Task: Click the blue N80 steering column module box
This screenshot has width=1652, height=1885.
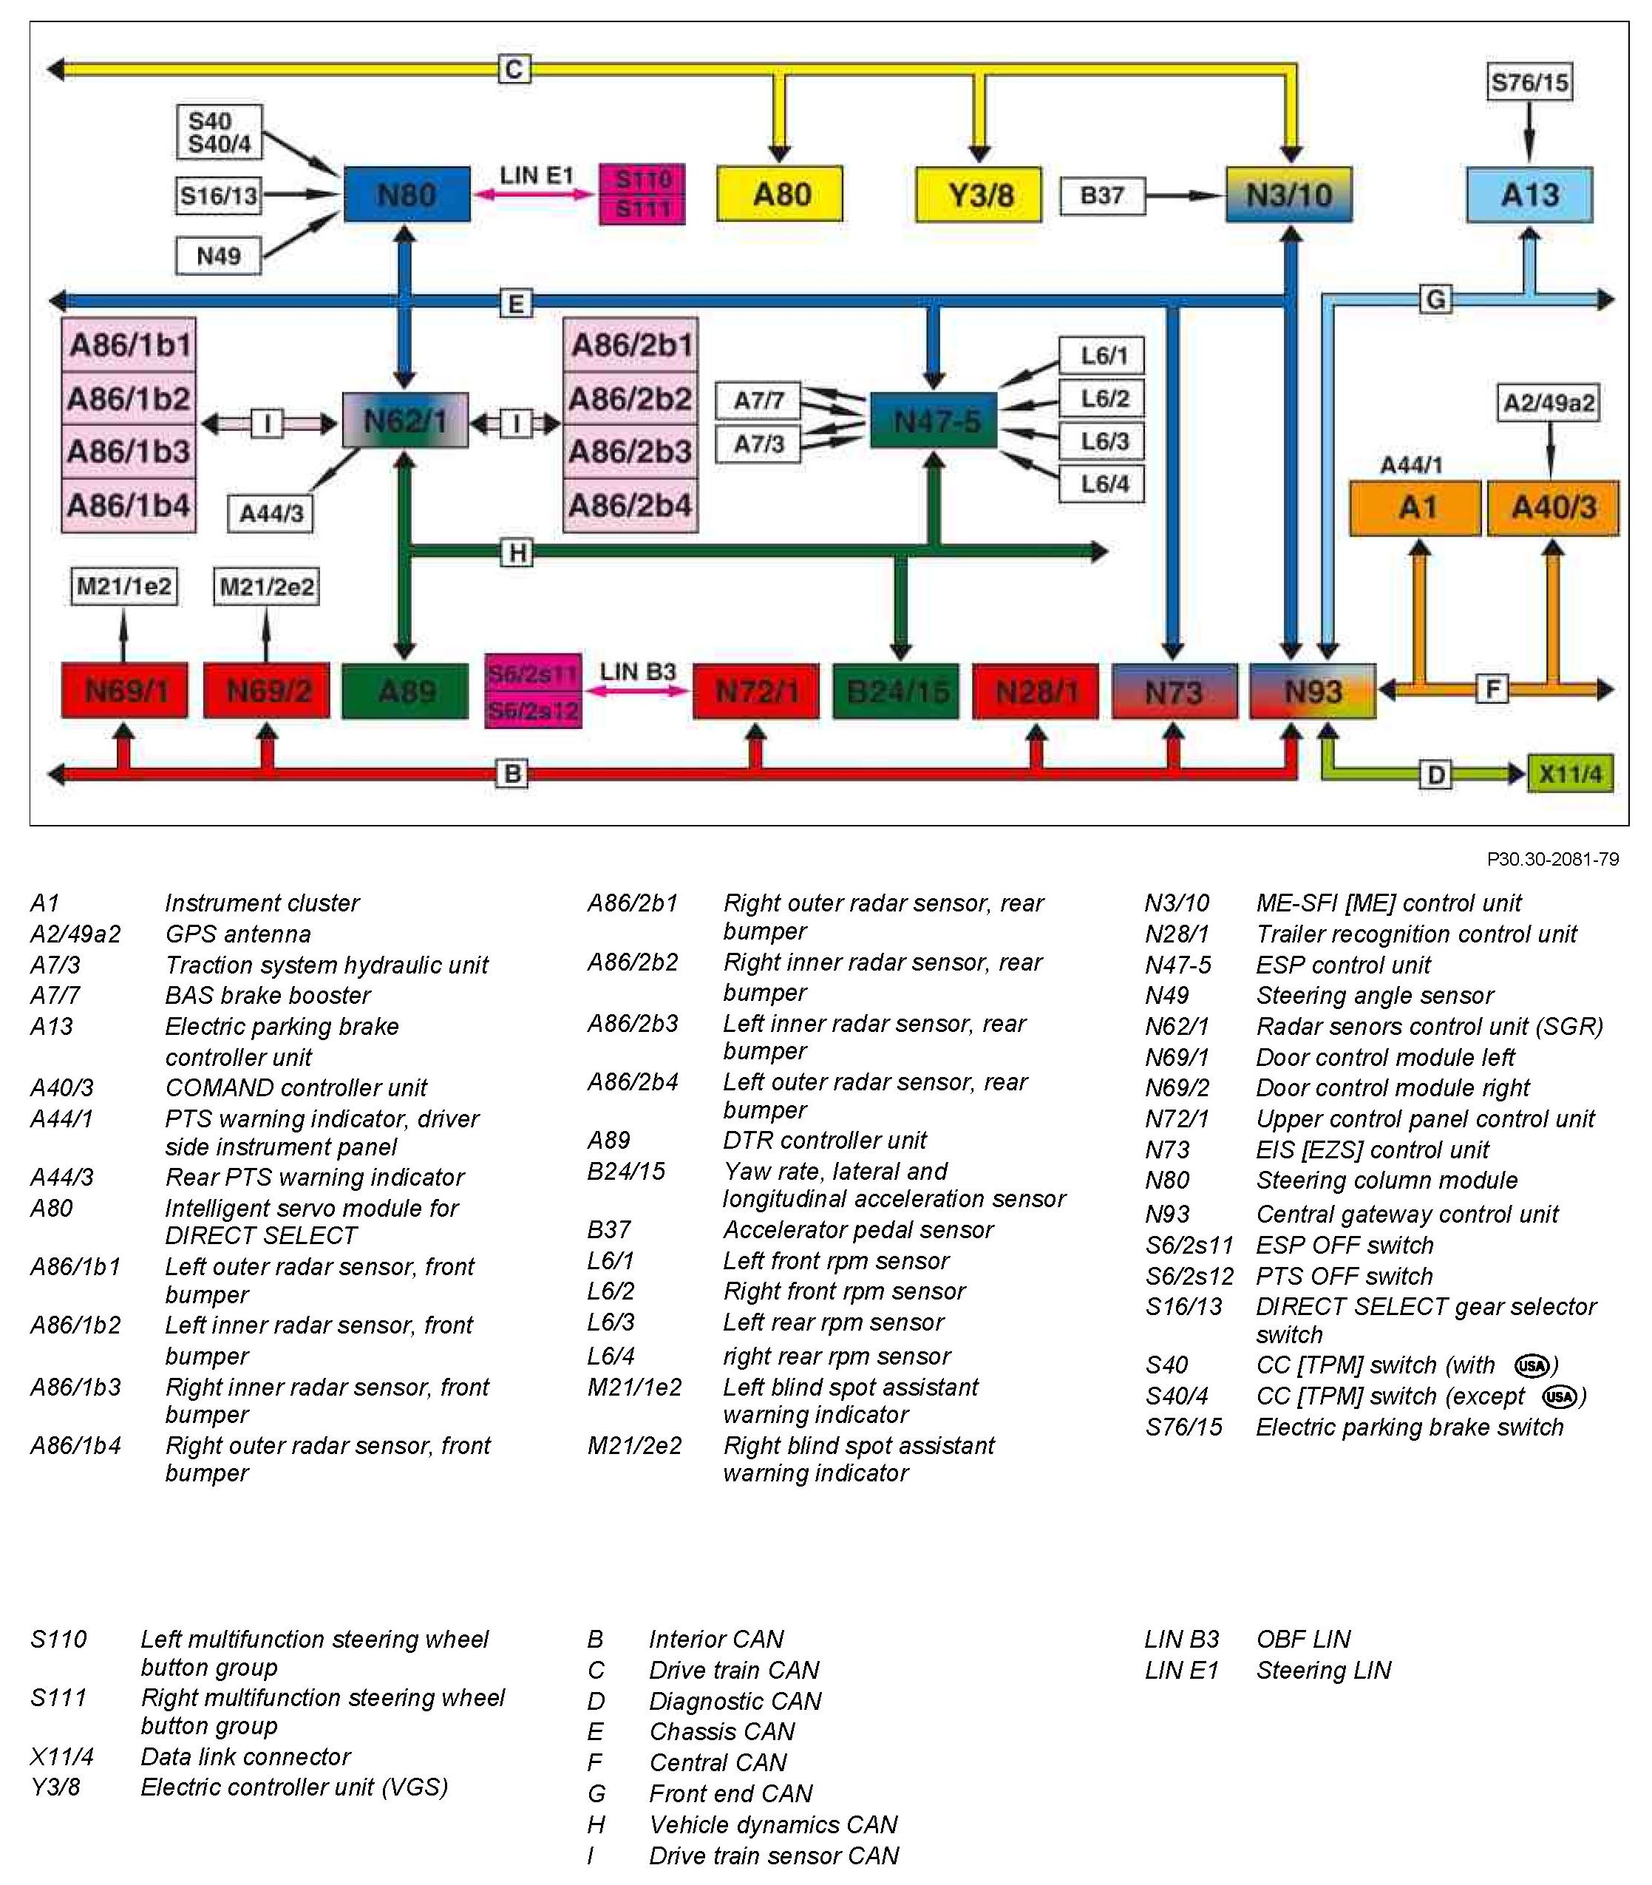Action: [x=407, y=194]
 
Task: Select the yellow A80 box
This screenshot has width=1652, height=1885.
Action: [x=780, y=194]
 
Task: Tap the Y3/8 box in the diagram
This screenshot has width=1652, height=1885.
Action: [x=979, y=194]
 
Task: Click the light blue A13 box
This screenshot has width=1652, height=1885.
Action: [x=1529, y=194]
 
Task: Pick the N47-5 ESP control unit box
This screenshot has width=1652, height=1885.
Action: [x=934, y=421]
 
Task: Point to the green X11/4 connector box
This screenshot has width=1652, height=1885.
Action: [x=1570, y=773]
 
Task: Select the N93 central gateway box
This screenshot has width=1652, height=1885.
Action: [x=1312, y=691]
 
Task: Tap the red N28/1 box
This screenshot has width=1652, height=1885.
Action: [x=1036, y=691]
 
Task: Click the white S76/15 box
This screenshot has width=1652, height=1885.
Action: [x=1529, y=82]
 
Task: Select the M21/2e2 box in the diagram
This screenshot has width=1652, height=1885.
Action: [x=266, y=586]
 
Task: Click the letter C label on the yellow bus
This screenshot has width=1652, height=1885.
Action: [x=514, y=69]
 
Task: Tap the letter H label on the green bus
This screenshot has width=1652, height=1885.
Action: [x=517, y=553]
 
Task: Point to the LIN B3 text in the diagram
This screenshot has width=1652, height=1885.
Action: [x=638, y=671]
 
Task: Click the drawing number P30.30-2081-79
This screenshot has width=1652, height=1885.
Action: [x=1552, y=859]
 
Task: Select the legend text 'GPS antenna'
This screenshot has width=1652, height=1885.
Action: [x=238, y=934]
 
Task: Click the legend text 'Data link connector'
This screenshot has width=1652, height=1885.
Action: [x=245, y=1756]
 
